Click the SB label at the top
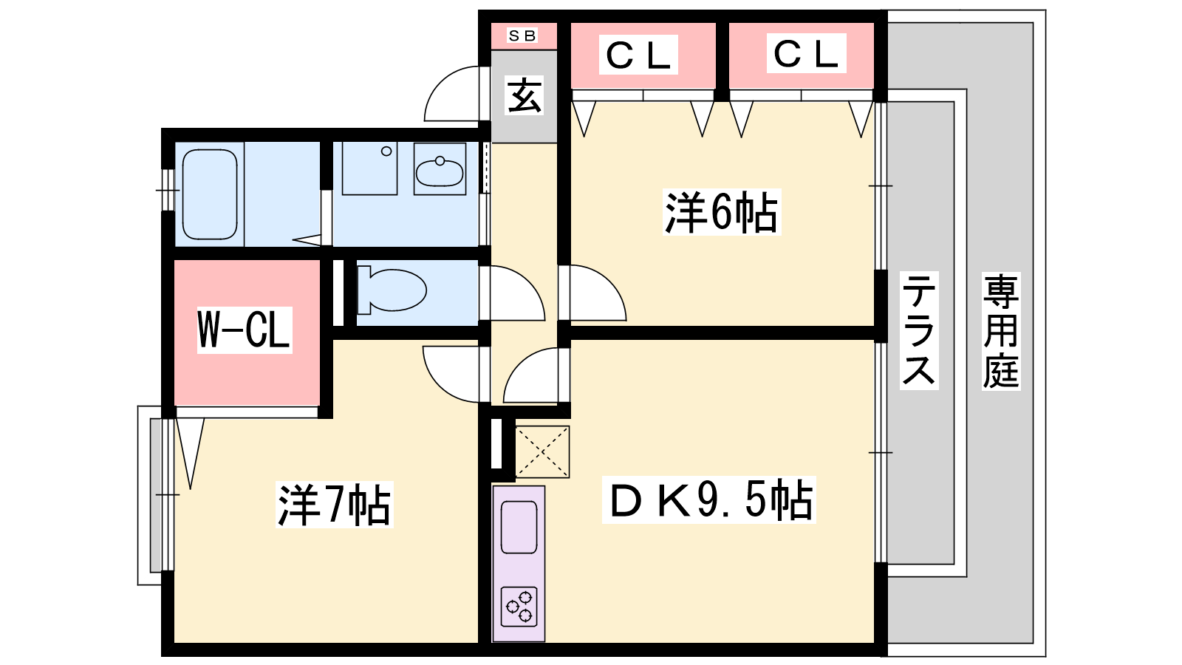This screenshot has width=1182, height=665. click(x=522, y=35)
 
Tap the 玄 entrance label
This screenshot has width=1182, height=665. click(x=524, y=95)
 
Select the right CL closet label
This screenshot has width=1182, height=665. click(x=806, y=53)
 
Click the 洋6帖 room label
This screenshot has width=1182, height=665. click(x=721, y=212)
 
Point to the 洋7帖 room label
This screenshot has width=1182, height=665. click(x=334, y=505)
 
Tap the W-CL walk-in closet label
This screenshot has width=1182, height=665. click(x=244, y=330)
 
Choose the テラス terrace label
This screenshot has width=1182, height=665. click(x=918, y=330)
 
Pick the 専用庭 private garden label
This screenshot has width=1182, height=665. click(x=1000, y=330)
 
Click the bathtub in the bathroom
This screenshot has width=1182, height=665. click(x=210, y=194)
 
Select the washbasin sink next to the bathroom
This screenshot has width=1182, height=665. click(x=440, y=170)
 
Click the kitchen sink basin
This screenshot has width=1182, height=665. click(x=519, y=527)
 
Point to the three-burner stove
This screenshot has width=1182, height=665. click(x=519, y=607)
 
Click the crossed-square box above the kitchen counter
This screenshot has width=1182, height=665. click(x=542, y=451)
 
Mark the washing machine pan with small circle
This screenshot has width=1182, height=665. click(x=369, y=168)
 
